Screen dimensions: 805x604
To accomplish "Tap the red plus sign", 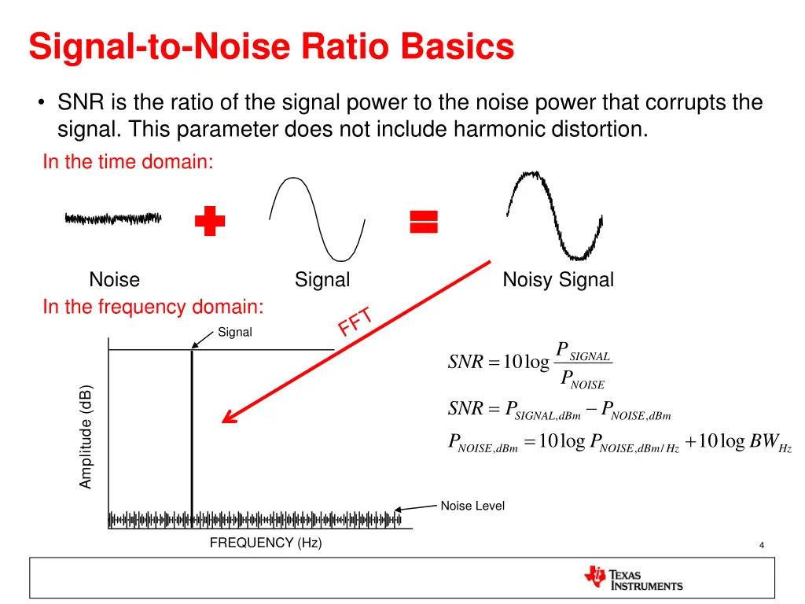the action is (210, 222).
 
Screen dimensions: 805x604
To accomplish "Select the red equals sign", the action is (424, 222).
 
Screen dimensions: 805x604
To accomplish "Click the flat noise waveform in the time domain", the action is (113, 218).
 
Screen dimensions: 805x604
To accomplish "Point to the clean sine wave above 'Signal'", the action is (318, 218).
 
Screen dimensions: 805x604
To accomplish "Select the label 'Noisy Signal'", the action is (558, 280).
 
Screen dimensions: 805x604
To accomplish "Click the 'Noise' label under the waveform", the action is (115, 280).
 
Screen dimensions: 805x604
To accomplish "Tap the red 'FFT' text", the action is (355, 321).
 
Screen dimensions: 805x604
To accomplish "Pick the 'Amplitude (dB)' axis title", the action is (86, 436).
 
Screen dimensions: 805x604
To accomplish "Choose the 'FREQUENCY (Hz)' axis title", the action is (266, 543).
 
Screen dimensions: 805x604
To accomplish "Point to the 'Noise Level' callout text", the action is (472, 506).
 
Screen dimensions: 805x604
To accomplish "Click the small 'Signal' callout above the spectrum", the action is (235, 333).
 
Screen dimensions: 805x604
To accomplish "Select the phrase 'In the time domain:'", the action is (128, 162).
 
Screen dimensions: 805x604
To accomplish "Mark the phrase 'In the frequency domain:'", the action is (153, 307).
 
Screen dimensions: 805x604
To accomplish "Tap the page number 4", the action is (762, 546).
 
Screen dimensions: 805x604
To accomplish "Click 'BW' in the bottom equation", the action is (763, 441).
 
